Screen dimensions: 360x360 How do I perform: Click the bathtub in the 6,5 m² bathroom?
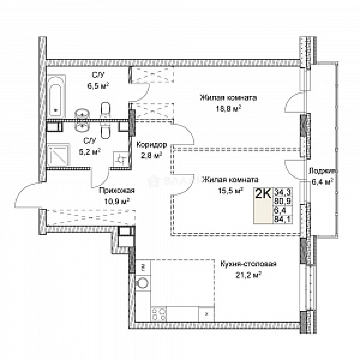click(x=55, y=95)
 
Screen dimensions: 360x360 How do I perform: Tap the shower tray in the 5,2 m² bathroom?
click(x=59, y=155)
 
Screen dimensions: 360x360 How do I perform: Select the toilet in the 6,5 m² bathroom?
click(x=105, y=110)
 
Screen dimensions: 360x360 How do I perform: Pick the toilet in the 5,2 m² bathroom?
click(x=105, y=131)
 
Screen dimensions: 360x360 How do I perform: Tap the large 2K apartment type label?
click(x=263, y=194)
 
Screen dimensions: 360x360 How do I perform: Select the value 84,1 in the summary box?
click(x=280, y=219)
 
